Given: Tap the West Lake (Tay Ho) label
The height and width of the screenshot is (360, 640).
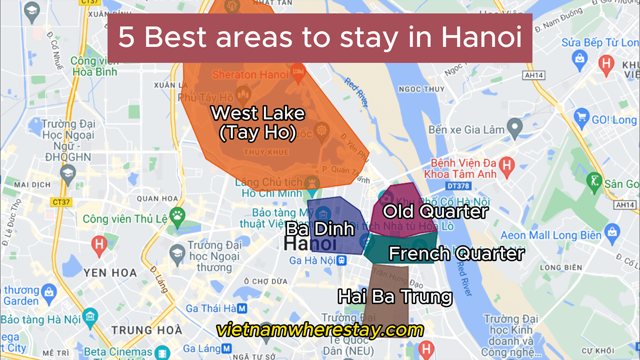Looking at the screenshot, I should (x=258, y=123).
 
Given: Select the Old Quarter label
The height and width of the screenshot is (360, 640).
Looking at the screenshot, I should (x=435, y=212).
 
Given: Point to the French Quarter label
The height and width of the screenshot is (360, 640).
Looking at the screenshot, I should (x=456, y=254).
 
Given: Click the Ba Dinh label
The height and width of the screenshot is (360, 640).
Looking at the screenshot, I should (x=320, y=229).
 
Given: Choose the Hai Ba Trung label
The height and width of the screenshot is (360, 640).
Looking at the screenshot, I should (x=395, y=296).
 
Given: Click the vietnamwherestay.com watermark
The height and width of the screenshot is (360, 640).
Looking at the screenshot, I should (x=320, y=329).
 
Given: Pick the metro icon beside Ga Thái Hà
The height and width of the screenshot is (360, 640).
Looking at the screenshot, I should (x=242, y=309).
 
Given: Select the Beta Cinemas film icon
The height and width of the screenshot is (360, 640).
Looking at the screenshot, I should (x=162, y=352).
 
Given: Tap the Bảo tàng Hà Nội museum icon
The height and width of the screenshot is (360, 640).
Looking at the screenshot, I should (x=90, y=316).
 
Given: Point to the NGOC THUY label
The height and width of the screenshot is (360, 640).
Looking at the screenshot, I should (x=421, y=89).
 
